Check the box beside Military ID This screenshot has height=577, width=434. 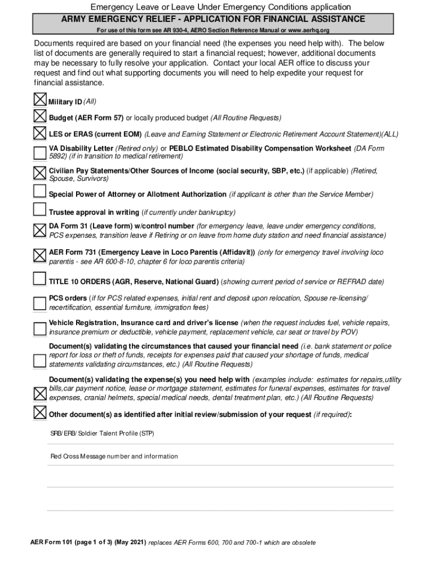40,100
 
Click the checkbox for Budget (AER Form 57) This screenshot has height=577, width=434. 40,117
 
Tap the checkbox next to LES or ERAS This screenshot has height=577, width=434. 40,133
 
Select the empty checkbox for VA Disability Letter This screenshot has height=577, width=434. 40,153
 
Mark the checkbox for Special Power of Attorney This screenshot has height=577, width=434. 39,192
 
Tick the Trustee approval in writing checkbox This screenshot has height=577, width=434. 39,210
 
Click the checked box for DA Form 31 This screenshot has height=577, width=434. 40,230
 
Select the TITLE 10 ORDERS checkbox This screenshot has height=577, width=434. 39,278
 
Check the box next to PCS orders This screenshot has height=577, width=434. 39,303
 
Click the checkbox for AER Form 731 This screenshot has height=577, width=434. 40,255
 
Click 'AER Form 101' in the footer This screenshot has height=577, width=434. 52,543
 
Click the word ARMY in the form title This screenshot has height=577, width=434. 77,19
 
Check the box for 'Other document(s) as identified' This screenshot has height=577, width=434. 40,412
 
